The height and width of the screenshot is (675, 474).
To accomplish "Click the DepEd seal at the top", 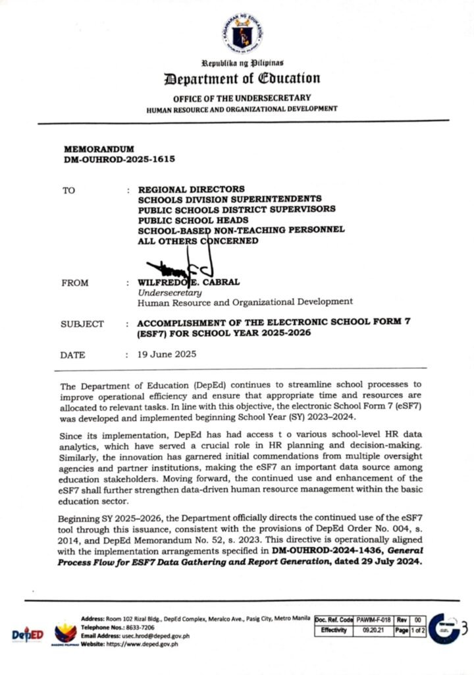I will [242, 34].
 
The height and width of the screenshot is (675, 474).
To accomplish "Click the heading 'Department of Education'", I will [242, 79].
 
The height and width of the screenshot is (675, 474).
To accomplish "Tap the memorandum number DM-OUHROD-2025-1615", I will [120, 160].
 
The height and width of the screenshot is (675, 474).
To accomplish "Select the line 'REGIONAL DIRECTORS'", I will [191, 189].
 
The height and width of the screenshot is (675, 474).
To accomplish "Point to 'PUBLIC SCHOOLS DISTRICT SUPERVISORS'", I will [236, 209].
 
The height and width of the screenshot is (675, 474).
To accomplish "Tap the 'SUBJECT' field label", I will [82, 324].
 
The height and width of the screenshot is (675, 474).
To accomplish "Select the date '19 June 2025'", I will [167, 355].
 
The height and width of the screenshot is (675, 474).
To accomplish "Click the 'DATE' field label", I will [73, 355].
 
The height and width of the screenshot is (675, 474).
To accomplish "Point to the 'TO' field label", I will [68, 190].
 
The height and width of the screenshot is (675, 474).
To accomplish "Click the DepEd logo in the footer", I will [28, 634].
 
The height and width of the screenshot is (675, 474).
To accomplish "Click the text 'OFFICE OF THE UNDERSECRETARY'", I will [242, 98].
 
